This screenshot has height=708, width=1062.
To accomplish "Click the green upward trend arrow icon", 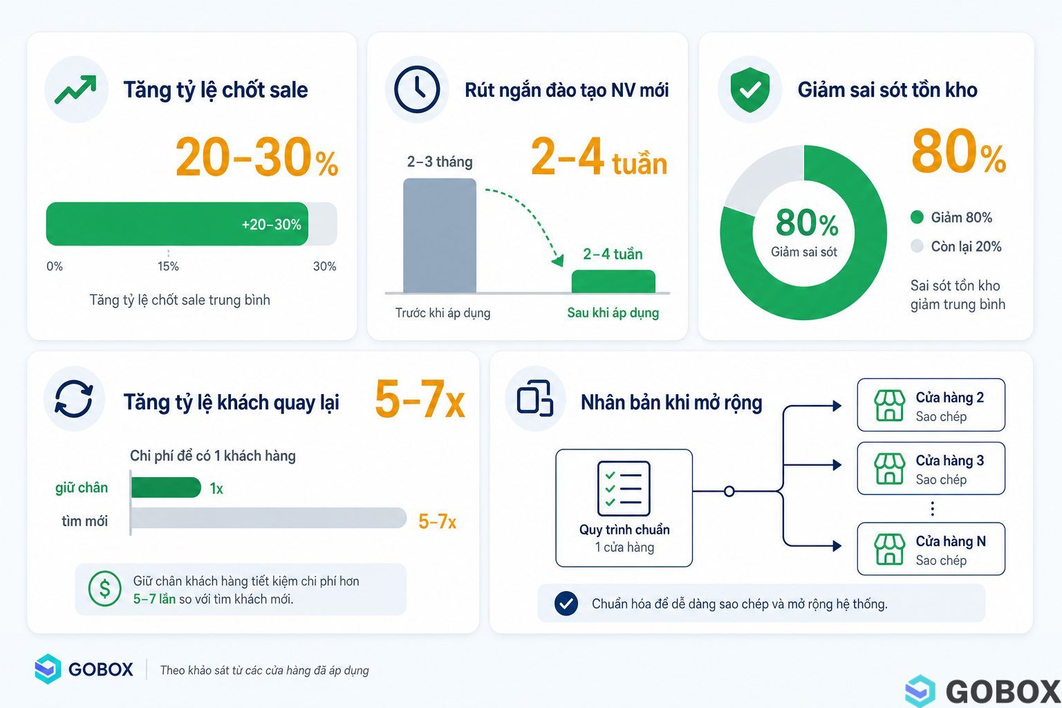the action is (76, 89).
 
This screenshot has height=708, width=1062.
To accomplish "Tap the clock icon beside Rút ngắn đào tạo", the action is (417, 89).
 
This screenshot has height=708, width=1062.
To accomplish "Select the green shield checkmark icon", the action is (750, 89).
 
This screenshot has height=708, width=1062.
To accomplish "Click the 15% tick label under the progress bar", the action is (168, 266).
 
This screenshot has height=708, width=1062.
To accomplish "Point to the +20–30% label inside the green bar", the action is (271, 224).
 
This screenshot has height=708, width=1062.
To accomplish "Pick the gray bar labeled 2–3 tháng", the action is (440, 236).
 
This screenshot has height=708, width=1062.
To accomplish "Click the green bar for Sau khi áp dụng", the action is (613, 281).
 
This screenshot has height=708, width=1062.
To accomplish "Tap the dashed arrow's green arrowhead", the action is (559, 261).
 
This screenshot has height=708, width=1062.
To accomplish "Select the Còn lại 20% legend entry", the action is (956, 246).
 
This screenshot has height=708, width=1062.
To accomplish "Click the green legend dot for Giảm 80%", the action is (917, 217).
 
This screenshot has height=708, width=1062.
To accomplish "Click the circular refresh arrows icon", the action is (74, 399).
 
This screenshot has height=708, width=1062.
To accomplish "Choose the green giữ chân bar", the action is (166, 487).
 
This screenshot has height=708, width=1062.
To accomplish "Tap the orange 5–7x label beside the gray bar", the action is (437, 521).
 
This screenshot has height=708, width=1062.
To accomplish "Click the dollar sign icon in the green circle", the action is (105, 588).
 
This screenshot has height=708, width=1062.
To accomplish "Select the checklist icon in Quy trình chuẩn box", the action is (624, 488).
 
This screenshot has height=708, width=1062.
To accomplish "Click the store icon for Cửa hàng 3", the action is (889, 469).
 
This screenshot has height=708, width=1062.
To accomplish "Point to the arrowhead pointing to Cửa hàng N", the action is (837, 546).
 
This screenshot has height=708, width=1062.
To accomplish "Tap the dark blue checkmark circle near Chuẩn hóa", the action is (566, 604).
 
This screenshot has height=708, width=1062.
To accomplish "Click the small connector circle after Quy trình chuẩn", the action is (729, 492).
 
